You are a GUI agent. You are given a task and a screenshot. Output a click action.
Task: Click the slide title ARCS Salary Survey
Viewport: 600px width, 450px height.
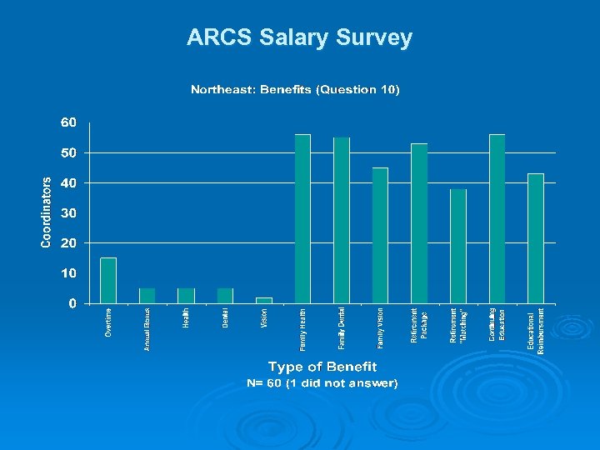click(x=299, y=37)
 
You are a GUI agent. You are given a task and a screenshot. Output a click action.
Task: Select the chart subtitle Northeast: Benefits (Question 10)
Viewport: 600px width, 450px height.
click(x=295, y=89)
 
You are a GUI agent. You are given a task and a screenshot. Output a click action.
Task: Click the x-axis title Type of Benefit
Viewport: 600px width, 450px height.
click(x=322, y=367)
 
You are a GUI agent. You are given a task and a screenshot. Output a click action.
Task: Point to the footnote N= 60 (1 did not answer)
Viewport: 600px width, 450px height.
click(x=322, y=383)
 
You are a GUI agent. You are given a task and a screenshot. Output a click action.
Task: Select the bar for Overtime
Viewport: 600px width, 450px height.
click(x=108, y=281)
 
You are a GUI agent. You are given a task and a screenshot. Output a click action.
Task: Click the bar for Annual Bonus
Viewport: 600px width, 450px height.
click(x=147, y=296)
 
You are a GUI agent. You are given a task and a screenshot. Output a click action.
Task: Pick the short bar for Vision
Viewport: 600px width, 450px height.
click(x=263, y=300)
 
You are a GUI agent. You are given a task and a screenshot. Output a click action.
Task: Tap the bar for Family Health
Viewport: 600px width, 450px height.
click(x=302, y=218)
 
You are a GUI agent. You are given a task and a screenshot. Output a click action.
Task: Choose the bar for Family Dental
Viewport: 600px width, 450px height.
click(x=342, y=220)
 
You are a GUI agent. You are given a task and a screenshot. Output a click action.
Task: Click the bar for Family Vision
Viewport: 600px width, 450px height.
click(x=380, y=235)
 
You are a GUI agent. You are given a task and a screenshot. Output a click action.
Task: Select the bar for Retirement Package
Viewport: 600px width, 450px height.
click(x=419, y=223)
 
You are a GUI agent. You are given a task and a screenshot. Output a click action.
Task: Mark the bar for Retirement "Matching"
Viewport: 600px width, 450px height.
click(x=457, y=246)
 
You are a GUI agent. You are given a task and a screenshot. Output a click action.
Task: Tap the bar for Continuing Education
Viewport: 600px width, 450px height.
click(x=497, y=218)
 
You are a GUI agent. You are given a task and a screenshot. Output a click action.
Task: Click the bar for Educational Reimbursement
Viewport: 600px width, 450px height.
click(x=536, y=238)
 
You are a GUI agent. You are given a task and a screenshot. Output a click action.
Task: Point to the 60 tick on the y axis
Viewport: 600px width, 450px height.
click(x=68, y=122)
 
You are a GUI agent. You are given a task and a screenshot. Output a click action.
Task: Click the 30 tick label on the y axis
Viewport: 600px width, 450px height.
click(x=68, y=213)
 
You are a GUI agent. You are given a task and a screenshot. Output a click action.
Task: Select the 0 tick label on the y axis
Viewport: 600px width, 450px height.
click(x=72, y=303)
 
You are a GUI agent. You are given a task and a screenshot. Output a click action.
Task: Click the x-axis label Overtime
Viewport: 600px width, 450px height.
click(x=108, y=322)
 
